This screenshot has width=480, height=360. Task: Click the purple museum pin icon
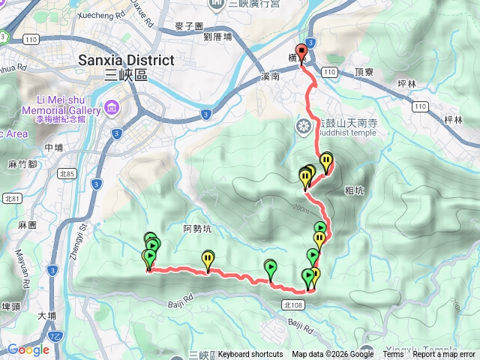(x=112, y=107)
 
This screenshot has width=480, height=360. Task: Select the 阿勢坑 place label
(x=196, y=228)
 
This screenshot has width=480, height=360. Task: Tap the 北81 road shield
(x=11, y=198)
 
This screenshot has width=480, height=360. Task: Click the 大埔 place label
(x=46, y=316)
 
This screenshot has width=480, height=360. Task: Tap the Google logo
(x=28, y=349)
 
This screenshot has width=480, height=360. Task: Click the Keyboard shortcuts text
(x=250, y=354)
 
